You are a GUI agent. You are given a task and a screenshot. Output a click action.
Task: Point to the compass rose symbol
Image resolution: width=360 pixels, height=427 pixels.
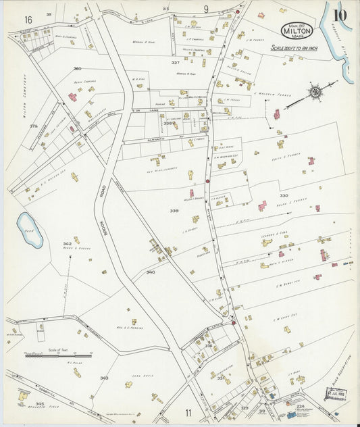(x=314, y=90)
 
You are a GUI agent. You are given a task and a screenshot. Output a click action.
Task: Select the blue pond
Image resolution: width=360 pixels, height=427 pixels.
(x=30, y=230)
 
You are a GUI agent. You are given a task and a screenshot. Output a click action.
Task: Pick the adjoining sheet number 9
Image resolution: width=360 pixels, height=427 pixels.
(x=205, y=9)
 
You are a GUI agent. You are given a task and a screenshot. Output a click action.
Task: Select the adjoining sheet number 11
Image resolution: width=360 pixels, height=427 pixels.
(x=188, y=412)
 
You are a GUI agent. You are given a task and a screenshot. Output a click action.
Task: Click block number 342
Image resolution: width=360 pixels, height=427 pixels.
(x=67, y=244)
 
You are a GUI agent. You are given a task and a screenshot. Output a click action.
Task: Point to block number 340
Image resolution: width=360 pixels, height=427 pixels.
(x=151, y=272)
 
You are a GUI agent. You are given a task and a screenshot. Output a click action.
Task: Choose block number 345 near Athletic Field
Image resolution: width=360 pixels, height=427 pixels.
(x=40, y=403)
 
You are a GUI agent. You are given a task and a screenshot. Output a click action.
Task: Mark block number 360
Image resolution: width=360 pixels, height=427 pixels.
(x=77, y=68)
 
